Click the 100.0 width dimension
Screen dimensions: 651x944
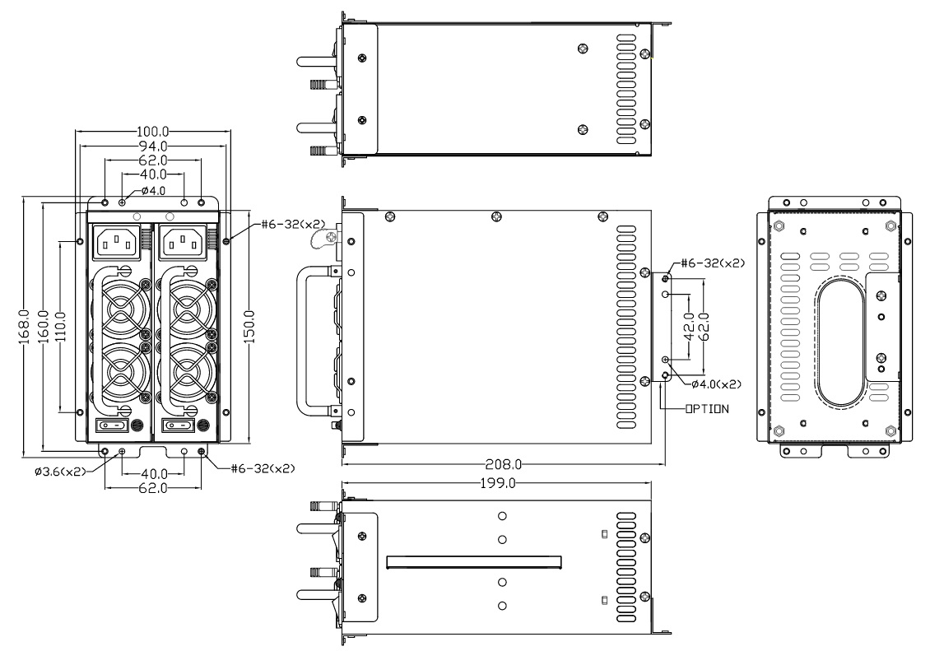pos(151,132)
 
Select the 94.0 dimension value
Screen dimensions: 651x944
pos(151,146)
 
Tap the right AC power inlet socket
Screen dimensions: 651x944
pos(180,240)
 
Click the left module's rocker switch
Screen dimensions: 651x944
pos(113,425)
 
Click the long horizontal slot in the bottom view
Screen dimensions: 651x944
pos(474,562)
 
